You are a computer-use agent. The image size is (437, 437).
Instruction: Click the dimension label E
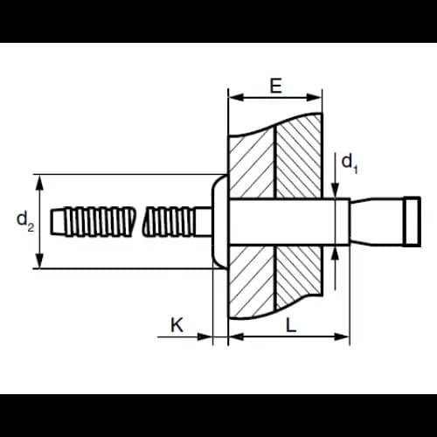275,87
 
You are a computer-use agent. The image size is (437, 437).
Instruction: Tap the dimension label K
177,324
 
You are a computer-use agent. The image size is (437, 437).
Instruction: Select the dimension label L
291,325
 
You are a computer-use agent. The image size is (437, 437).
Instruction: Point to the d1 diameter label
349,164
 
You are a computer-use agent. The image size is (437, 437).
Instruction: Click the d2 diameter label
25,221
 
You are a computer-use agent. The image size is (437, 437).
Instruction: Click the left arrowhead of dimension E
236,97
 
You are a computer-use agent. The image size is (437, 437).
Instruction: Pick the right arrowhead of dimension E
314,97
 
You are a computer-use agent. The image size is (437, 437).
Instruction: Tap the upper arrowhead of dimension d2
40,183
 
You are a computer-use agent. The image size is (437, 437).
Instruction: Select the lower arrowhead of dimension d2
40,260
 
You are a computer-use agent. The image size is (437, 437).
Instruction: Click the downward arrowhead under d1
336,191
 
